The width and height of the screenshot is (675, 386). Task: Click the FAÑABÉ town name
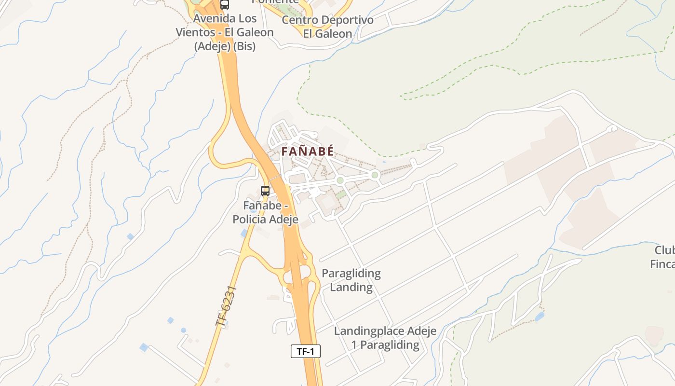[308, 151]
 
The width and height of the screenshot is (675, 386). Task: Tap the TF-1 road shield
[305, 351]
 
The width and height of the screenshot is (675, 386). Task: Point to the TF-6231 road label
[226, 306]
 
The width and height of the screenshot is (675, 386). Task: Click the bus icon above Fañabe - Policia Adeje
[265, 191]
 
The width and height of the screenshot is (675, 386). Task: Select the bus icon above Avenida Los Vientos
[224, 5]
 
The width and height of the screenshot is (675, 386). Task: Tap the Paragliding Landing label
[351, 280]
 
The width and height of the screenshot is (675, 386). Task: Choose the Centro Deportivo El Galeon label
[327, 27]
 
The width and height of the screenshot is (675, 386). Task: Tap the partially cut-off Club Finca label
[663, 257]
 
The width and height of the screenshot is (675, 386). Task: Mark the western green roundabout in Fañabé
[340, 180]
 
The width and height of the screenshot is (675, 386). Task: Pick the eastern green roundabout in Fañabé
[375, 175]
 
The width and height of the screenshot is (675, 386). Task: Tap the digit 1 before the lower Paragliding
[354, 345]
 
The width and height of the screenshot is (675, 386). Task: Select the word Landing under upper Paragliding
[351, 287]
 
